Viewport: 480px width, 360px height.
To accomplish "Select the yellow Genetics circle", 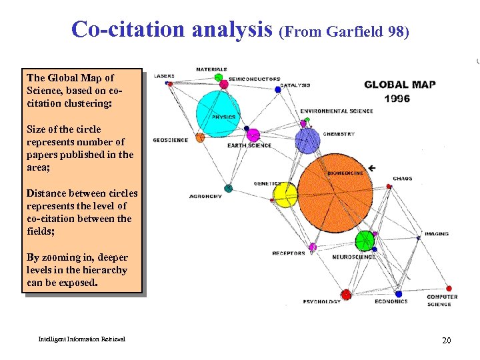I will click(x=285, y=195).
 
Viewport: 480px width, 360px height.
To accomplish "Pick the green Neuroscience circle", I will click(x=365, y=241).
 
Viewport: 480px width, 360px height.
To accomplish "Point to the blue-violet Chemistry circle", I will click(x=308, y=140).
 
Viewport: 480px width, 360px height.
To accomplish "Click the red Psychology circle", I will click(x=346, y=294).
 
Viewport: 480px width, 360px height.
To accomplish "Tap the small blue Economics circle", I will click(x=399, y=293).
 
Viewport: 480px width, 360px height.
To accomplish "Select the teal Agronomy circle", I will click(x=228, y=189).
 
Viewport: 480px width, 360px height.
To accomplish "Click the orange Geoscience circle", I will click(x=200, y=138).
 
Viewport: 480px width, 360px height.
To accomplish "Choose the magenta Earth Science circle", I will click(x=253, y=135).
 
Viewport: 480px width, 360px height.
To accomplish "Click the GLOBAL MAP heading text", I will click(x=400, y=85).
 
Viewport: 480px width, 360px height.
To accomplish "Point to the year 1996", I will click(x=397, y=99).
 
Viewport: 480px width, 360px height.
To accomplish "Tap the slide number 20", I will click(x=446, y=341).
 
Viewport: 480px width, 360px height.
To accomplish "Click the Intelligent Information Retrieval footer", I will click(x=81, y=339).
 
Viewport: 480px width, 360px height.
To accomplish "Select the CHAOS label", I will click(x=402, y=179).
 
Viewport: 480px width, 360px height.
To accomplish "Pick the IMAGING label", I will click(x=436, y=234).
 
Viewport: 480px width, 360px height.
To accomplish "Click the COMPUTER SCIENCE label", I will click(x=442, y=301).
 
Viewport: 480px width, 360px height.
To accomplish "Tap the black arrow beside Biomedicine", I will click(x=371, y=167).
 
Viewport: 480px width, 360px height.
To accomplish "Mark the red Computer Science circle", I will click(x=448, y=289).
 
